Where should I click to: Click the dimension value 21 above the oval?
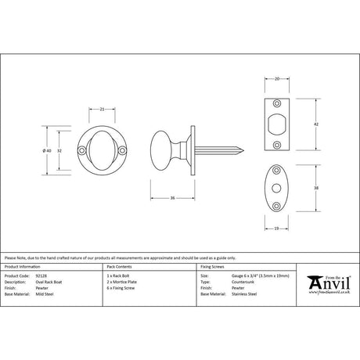tap(103, 110)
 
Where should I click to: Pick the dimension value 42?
tap(315, 124)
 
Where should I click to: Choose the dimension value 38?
tap(315, 188)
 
